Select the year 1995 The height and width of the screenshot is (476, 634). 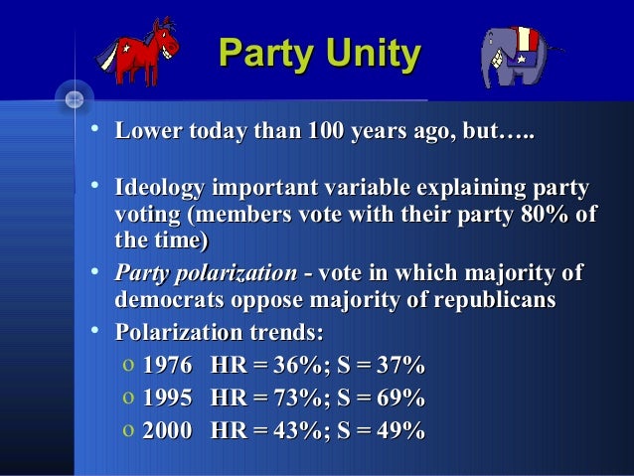[x=167, y=399]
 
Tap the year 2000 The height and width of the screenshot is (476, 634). [x=167, y=430]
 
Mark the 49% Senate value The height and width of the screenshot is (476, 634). [x=401, y=430]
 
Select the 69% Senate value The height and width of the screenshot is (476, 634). [x=401, y=399]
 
